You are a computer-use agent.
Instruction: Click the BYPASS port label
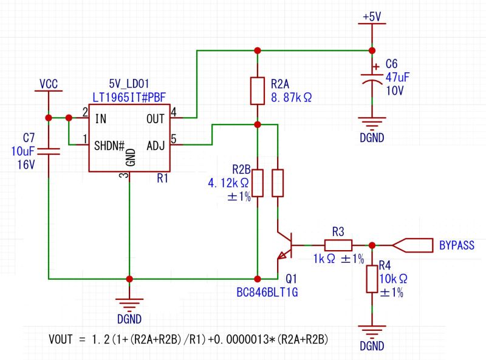click(x=456, y=245)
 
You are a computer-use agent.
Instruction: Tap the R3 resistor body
click(x=338, y=245)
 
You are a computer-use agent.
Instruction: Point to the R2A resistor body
click(x=258, y=90)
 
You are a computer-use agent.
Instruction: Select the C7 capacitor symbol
click(x=49, y=150)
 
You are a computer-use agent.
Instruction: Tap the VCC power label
click(x=49, y=83)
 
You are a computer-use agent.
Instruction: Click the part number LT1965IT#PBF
click(x=130, y=96)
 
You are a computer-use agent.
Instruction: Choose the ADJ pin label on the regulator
click(x=156, y=146)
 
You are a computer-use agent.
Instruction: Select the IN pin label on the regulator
click(x=101, y=118)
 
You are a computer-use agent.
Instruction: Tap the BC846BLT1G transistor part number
click(x=268, y=292)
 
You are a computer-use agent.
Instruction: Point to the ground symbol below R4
click(x=372, y=331)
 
